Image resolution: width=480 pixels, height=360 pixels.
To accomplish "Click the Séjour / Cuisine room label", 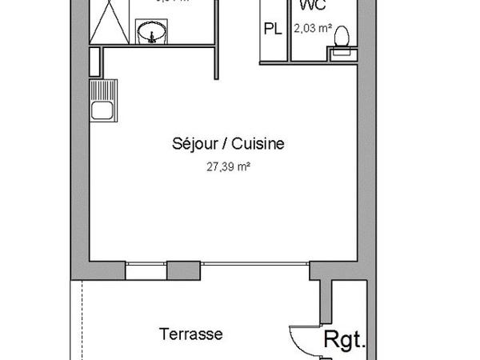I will [x=228, y=144].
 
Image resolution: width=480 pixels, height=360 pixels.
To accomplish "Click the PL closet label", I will [x=274, y=30].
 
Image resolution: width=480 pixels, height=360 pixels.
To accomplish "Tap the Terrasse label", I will [x=190, y=334].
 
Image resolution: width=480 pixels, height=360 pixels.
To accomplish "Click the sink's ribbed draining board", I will [x=102, y=90].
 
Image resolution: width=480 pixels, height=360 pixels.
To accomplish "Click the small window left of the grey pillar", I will [x=145, y=270].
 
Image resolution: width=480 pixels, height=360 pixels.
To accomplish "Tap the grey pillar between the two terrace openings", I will [x=184, y=270].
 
